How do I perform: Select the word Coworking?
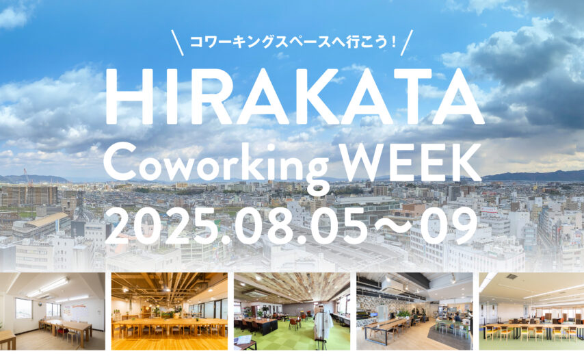click(216, 166)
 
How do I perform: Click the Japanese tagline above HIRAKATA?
click(293, 41)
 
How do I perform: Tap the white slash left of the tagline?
click(177, 43)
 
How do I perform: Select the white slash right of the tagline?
click(407, 43)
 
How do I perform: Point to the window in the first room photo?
click(24, 308)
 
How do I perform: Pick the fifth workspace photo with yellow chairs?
click(531, 311)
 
